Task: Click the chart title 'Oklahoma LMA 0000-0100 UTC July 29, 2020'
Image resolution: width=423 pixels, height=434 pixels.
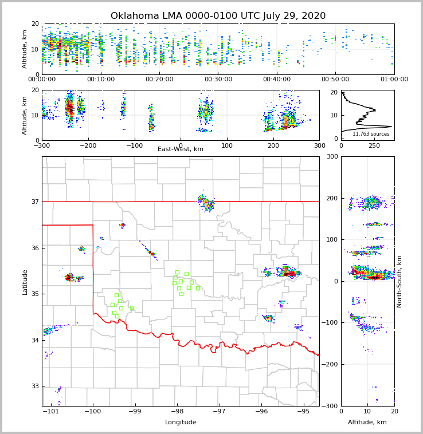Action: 218,16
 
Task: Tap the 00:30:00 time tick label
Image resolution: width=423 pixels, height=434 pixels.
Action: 218,80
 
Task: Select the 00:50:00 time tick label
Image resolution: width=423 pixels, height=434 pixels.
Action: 335,80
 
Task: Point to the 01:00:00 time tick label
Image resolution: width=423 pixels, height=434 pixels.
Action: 394,80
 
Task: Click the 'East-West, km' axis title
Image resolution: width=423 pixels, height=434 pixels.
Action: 181,149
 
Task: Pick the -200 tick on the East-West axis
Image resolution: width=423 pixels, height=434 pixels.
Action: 88,145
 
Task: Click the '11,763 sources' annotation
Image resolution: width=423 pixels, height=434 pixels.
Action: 371,134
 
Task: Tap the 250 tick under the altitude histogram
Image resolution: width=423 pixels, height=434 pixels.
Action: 374,145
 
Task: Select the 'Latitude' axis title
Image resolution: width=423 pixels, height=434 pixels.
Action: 25,282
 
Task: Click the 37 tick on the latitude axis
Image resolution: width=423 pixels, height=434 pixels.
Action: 34,202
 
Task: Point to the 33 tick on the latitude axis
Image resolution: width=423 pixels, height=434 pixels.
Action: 34,386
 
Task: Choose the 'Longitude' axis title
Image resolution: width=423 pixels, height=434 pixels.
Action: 181,423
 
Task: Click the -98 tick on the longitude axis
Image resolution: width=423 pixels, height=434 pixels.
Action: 176,412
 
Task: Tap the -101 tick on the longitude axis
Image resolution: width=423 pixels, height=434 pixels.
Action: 50,412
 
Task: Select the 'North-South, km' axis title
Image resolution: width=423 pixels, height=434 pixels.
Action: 399,281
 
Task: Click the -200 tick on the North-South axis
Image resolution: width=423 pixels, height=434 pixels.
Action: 331,364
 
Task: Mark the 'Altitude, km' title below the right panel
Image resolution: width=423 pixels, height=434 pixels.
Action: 367,423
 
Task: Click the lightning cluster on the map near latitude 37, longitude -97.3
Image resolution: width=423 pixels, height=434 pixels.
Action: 206,203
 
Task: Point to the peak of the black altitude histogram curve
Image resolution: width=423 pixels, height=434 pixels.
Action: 391,127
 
